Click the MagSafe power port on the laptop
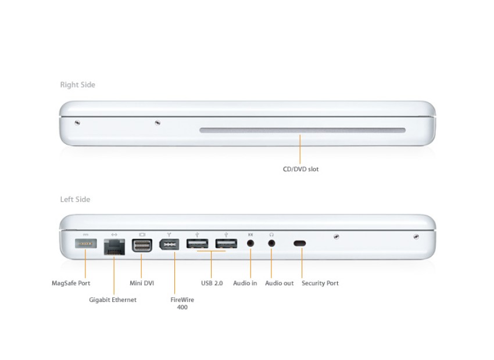[x=85, y=244]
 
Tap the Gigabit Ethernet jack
[x=114, y=246]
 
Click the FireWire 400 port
[x=169, y=244]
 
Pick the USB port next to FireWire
[x=198, y=244]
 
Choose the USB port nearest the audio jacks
[x=226, y=244]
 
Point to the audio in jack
[x=250, y=244]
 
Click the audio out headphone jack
[x=271, y=244]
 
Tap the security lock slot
[x=300, y=244]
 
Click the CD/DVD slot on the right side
[x=302, y=131]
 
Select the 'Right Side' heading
[x=77, y=85]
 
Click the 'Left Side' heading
[x=75, y=200]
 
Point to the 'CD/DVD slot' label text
[x=300, y=170]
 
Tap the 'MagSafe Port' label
[x=71, y=283]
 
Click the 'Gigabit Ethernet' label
[x=113, y=300]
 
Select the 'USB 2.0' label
[x=212, y=283]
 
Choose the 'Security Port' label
[x=320, y=283]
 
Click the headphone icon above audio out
[x=271, y=234]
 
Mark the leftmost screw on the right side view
[x=77, y=122]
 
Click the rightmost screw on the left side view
[x=416, y=236]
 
